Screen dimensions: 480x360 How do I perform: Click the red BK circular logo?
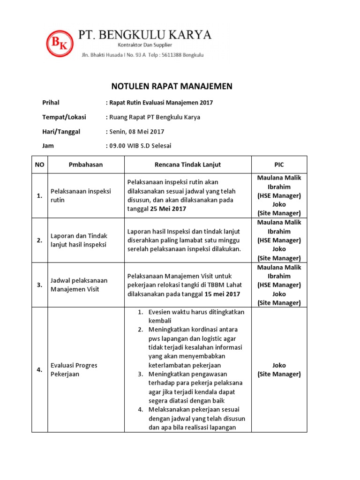(x=60, y=43)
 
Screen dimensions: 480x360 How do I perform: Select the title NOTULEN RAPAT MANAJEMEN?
(x=172, y=86)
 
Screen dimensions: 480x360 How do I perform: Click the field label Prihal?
(x=51, y=103)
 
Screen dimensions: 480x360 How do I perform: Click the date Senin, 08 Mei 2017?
(x=136, y=132)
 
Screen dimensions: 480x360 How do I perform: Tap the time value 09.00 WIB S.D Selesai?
(x=140, y=146)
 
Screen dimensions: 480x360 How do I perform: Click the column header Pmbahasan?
(x=86, y=165)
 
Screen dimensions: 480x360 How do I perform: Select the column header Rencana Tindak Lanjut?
(x=187, y=165)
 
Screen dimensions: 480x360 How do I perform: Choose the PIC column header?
(x=279, y=165)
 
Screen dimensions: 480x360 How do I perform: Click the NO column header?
(x=39, y=165)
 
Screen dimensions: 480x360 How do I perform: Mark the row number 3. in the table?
(x=39, y=285)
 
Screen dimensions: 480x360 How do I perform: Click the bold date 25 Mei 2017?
(x=168, y=209)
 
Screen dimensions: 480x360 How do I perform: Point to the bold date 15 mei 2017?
(x=222, y=294)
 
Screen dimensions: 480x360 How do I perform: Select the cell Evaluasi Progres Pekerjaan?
(x=74, y=369)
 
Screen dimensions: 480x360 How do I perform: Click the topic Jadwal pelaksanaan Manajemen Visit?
(x=79, y=285)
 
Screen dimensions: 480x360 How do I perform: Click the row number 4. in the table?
(x=39, y=370)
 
